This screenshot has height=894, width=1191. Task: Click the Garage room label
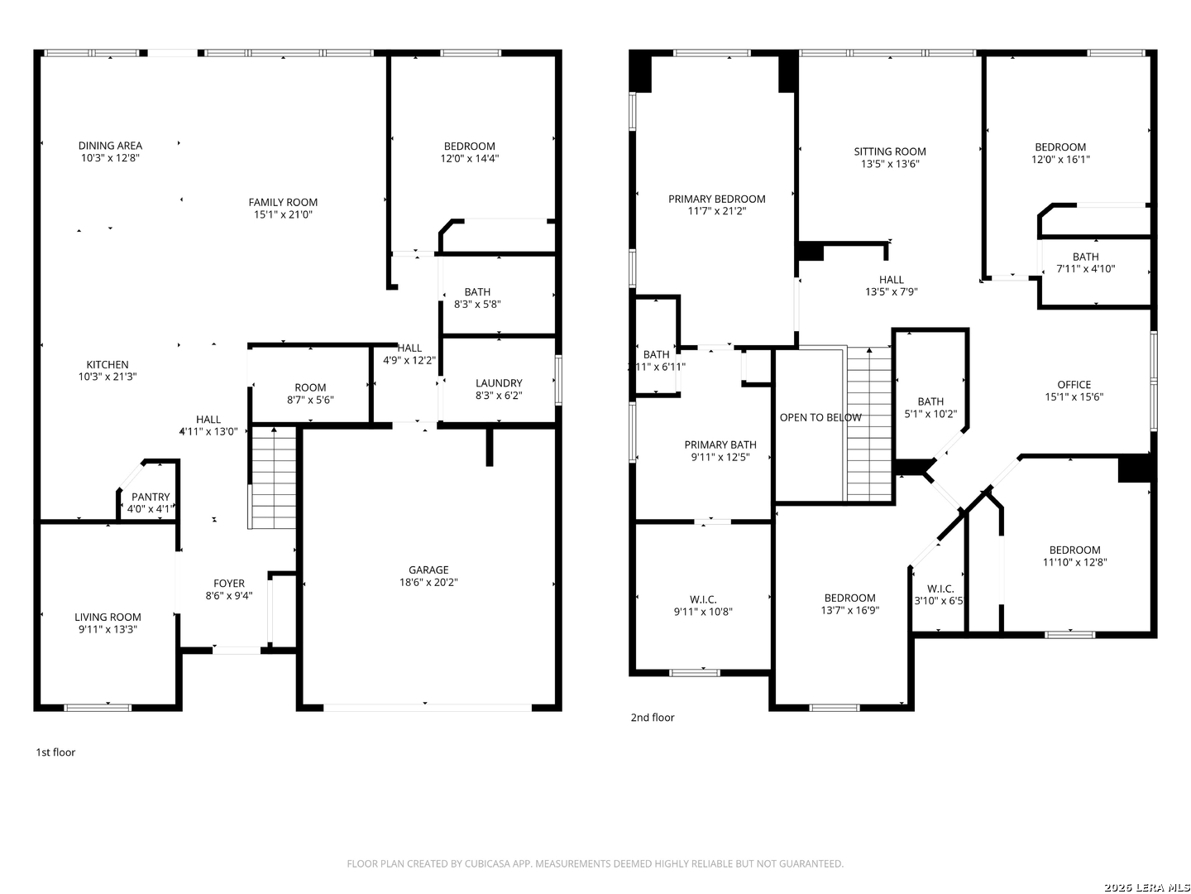[428, 570]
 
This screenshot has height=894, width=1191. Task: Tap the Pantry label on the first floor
[151, 497]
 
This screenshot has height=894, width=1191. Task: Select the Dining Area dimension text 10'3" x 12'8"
[110, 158]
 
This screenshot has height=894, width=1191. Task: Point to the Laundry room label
[499, 383]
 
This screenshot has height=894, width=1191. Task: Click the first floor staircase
[273, 478]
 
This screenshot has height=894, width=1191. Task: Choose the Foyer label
[229, 584]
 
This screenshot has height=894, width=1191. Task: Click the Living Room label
[108, 617]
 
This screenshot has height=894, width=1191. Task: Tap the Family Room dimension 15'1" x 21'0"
[283, 214]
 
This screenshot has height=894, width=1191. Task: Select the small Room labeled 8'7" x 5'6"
[310, 393]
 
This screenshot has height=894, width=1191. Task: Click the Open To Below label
[820, 417]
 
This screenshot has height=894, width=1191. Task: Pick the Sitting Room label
[890, 151]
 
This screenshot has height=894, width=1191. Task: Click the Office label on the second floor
[1074, 384]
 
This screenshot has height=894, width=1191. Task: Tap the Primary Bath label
[720, 445]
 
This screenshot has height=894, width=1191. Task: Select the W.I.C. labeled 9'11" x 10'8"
[703, 606]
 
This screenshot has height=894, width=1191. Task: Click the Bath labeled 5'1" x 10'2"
[930, 407]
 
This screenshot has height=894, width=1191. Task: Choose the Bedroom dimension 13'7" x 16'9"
[849, 610]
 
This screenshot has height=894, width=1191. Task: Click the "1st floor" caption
[55, 752]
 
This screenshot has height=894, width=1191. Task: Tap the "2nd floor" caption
[653, 718]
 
